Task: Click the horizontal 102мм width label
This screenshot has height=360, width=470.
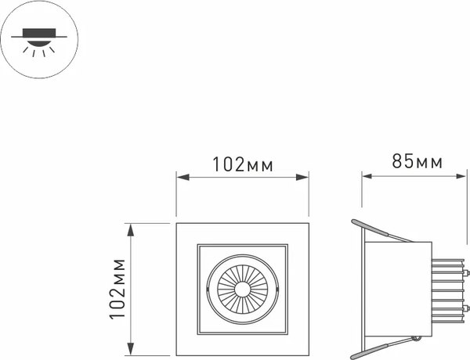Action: pos(241,164)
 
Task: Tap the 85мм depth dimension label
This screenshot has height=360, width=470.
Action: pos(417,162)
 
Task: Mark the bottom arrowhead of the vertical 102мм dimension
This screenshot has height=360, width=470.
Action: pos(132,351)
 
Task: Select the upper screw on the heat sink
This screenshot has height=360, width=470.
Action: pos(468,274)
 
